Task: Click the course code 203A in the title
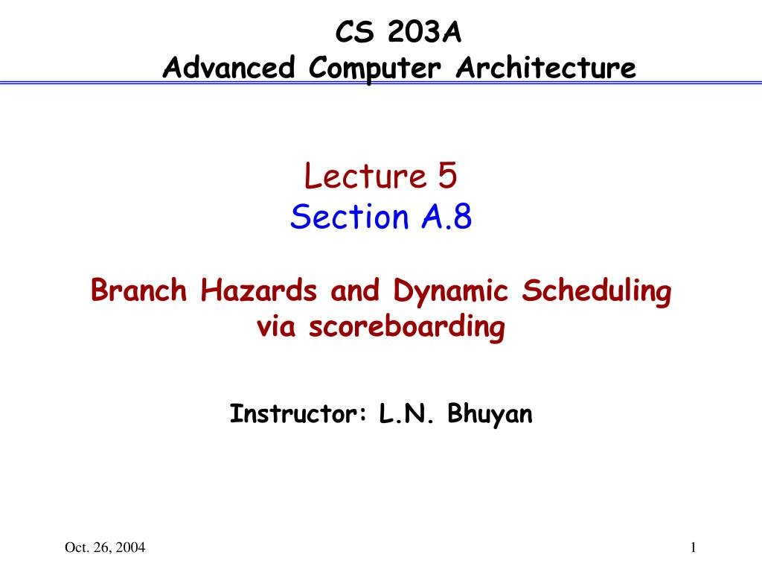[x=424, y=32]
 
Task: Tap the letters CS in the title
[x=355, y=32]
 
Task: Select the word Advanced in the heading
[x=229, y=67]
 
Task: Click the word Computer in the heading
[x=375, y=69]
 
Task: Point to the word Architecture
[x=545, y=67]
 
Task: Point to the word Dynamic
[x=450, y=292]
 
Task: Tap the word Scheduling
[x=597, y=292]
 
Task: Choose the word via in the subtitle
[x=276, y=326]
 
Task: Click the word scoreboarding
[x=407, y=328]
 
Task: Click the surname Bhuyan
[x=490, y=414]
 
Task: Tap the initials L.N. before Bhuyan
[x=406, y=413]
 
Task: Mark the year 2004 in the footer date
[x=130, y=547]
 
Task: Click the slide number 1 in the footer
[x=694, y=547]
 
